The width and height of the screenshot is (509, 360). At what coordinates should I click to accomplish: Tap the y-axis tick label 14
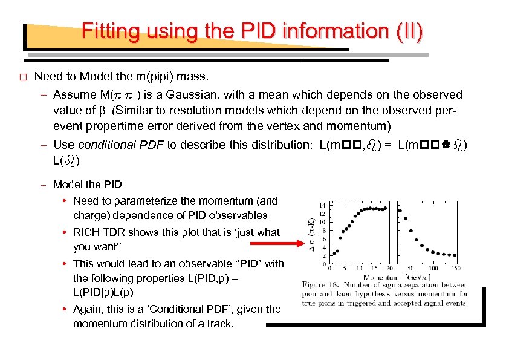tap(323, 204)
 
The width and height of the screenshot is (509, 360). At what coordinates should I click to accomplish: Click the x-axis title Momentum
tap(381, 277)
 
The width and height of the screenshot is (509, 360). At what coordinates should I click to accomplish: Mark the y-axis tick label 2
tap(325, 256)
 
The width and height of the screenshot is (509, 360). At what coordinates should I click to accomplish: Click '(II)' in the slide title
tap(409, 31)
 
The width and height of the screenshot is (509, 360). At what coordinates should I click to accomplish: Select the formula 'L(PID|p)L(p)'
tap(101, 292)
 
